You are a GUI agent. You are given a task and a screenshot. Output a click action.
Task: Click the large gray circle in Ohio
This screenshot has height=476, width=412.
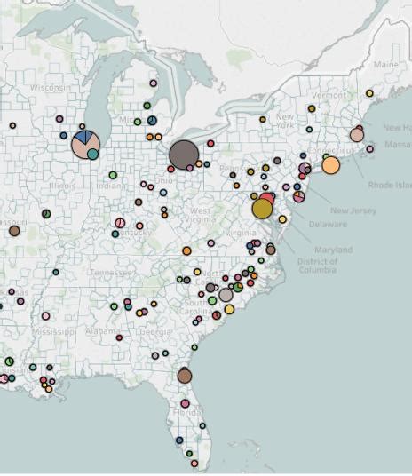coord(184,155)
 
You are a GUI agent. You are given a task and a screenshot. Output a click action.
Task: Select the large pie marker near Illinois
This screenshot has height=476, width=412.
coord(85,144)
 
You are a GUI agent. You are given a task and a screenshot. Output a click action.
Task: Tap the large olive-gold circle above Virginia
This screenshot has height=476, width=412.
coord(262,208)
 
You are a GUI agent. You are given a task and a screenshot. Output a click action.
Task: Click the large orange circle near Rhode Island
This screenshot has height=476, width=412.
coord(330,165)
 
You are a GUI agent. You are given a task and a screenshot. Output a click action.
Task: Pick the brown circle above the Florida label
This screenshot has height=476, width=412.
coord(184,376)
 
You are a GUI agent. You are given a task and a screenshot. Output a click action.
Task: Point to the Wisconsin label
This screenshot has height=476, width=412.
coord(50,88)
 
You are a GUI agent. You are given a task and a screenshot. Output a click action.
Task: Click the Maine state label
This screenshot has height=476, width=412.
coord(386,65)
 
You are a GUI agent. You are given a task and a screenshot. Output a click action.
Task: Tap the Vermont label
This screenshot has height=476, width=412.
coord(329,95)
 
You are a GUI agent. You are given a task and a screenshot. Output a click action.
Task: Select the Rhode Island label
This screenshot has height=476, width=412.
coord(390,186)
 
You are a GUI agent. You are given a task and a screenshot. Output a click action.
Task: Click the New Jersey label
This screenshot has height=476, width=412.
coord(352,210)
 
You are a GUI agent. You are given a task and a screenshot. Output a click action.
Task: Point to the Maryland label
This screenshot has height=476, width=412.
coord(333,250)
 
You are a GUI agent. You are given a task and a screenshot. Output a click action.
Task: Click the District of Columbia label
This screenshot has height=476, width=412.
coord(318,266)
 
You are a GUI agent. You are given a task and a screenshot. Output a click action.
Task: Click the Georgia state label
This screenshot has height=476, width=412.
coord(156,332)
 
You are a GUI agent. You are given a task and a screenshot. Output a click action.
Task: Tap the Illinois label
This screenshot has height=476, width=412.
coord(62,186)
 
